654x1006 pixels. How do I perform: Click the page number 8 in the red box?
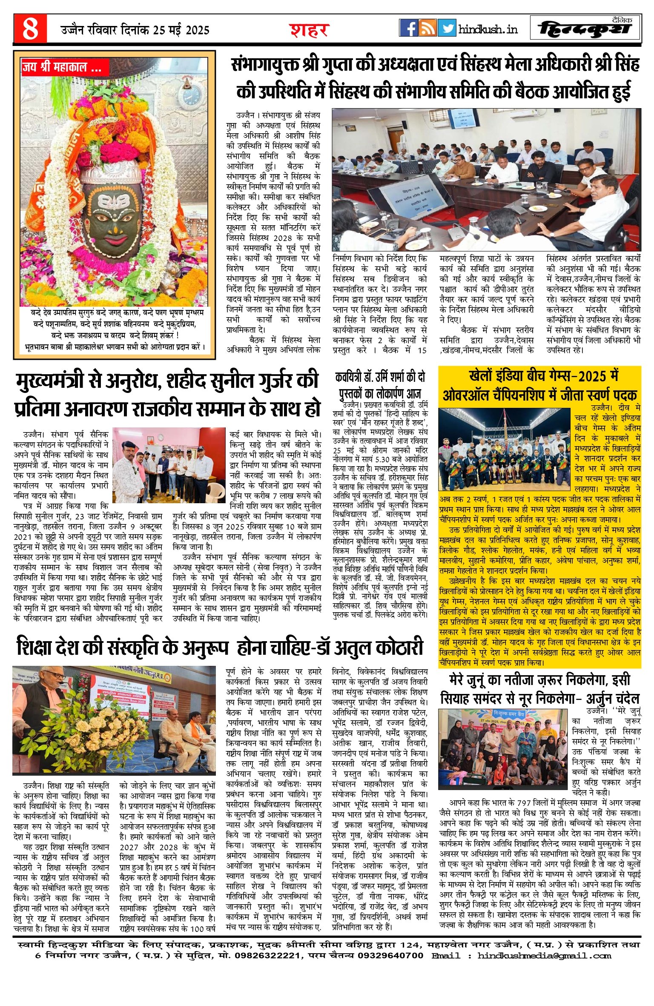30,28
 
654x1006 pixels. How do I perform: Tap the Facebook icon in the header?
408,28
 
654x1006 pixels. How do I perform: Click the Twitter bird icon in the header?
447,28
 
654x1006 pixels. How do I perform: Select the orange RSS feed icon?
427,28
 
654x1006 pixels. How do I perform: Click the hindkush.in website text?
488,29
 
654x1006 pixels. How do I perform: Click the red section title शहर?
309,30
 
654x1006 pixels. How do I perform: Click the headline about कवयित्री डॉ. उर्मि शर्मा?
380,385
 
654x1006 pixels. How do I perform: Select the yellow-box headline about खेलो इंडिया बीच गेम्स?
539,385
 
